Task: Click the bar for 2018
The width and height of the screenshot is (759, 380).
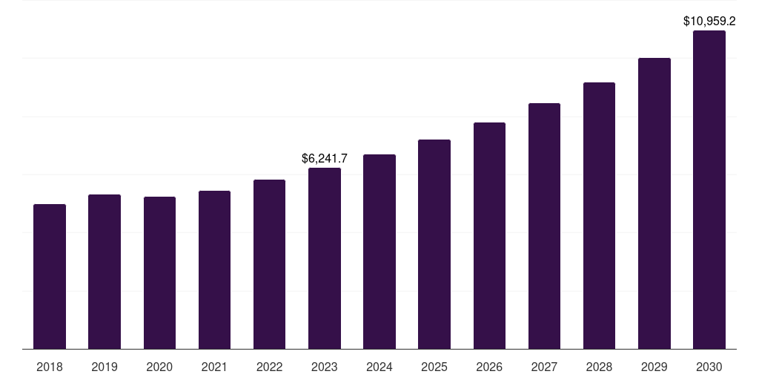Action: pos(50,276)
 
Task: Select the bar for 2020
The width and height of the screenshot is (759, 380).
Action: pos(159,272)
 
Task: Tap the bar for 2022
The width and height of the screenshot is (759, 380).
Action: pos(269,264)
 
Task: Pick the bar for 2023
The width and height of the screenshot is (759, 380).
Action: pos(325,258)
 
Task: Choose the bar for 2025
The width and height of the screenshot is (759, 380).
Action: pos(434,244)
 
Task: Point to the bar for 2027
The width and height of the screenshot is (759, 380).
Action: pos(544,226)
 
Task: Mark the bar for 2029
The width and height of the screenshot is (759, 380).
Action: pos(654,203)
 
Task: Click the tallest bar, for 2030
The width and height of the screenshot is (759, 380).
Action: pos(709,189)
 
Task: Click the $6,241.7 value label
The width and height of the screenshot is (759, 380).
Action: pos(325,158)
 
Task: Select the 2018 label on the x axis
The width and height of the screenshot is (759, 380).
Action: pos(50,367)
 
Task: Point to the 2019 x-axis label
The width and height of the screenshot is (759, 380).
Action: pos(105,367)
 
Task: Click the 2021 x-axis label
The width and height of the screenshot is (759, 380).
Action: pos(214,367)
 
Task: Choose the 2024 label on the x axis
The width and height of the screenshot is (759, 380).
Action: pos(379,367)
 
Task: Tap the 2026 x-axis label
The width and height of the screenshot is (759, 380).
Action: pos(489,367)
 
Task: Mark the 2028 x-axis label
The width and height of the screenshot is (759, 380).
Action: pos(599,367)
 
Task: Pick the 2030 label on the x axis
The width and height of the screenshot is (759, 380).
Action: pos(709,367)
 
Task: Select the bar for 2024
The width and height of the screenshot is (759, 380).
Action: pos(379,252)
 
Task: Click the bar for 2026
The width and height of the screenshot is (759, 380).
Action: pos(489,235)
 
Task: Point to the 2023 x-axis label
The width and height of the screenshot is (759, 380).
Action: pos(325,367)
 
